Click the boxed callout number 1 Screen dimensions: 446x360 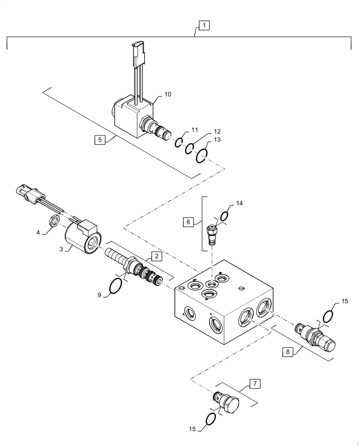[x=203, y=26]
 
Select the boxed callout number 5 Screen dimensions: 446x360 [x=100, y=140]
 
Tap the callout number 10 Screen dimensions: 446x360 [x=168, y=95]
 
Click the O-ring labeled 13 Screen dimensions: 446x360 [x=201, y=156]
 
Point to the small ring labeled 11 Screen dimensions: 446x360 [x=178, y=142]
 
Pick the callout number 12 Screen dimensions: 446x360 [x=217, y=132]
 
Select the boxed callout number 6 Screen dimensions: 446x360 [x=188, y=221]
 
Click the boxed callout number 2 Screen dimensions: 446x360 [x=156, y=256]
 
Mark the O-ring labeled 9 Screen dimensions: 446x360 [x=115, y=286]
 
